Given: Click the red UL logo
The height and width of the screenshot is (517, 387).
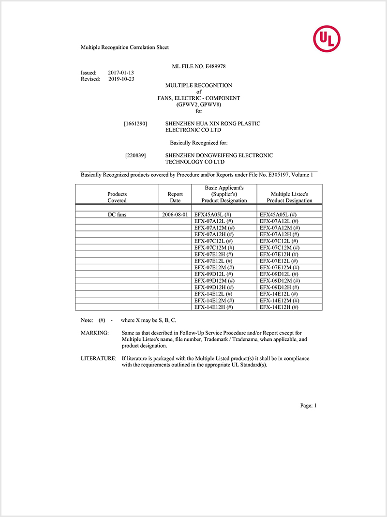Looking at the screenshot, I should [x=327, y=39].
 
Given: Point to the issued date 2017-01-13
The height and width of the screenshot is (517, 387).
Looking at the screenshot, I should [x=121, y=73].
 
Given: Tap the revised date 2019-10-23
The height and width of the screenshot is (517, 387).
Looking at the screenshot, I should [x=121, y=79].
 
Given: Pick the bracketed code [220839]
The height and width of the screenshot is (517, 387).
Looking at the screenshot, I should [x=135, y=156].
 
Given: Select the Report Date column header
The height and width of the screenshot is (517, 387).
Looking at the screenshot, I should [x=175, y=197].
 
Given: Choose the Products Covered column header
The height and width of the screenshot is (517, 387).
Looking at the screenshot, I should [x=117, y=197].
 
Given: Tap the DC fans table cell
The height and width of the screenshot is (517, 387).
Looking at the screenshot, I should [x=117, y=214].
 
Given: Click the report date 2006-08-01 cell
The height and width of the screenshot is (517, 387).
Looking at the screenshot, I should [x=175, y=214].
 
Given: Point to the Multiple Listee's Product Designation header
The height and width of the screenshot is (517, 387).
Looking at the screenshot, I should [x=289, y=197].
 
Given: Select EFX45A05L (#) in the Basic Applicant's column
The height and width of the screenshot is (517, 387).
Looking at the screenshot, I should [x=212, y=214].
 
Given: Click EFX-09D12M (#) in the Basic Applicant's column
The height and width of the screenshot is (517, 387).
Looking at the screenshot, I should [x=214, y=281].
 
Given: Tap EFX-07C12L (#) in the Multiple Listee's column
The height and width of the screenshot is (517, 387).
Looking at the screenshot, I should [x=279, y=241].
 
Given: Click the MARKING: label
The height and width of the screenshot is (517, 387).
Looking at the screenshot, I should [x=94, y=333].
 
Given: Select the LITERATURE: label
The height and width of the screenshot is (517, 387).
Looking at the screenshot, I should [x=98, y=359].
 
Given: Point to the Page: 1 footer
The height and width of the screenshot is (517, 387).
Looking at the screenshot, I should [x=308, y=406].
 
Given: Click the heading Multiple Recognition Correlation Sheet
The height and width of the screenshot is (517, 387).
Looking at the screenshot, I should [x=124, y=47].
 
